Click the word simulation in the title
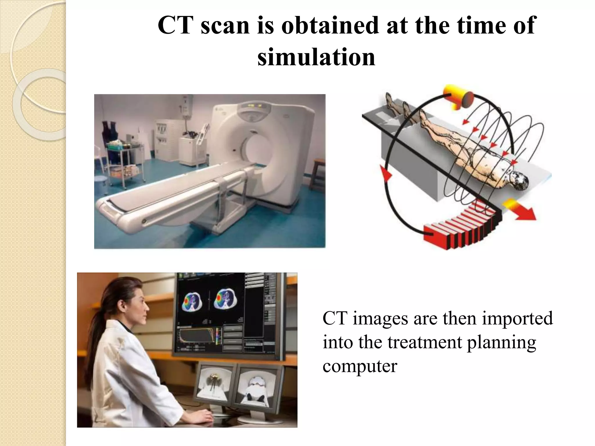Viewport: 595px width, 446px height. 316,57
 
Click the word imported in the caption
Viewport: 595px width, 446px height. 517,318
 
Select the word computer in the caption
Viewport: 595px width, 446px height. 360,366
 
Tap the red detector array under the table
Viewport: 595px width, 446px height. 462,229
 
